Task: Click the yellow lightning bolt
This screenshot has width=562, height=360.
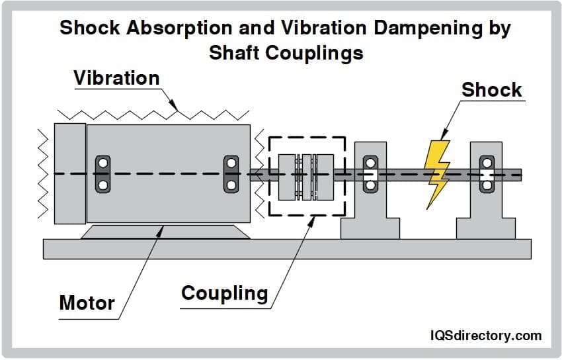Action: tap(437, 171)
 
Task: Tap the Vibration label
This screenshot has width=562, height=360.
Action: tap(116, 78)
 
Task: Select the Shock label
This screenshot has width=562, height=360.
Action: tap(491, 90)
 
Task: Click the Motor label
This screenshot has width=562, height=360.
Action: tap(87, 303)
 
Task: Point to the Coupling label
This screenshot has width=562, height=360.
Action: tap(224, 293)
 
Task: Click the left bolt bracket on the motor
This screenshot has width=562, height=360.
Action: tap(103, 173)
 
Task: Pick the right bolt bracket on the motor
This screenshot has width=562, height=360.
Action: tap(231, 173)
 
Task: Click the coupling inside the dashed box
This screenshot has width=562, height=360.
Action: tap(306, 176)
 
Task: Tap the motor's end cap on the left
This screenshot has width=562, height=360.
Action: tap(70, 173)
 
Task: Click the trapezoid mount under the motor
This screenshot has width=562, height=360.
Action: tap(165, 232)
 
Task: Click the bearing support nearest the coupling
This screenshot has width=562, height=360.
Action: tap(370, 192)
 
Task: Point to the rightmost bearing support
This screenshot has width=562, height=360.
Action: tap(486, 192)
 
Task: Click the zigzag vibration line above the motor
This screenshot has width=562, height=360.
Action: tap(152, 112)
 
